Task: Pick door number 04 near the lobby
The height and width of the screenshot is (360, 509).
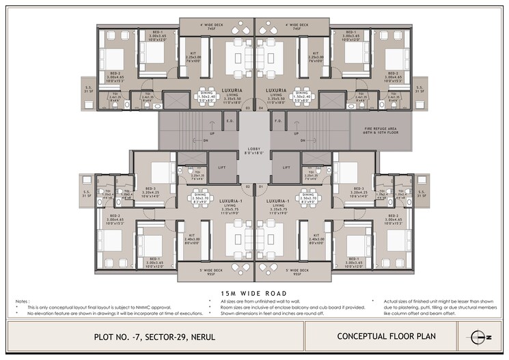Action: (261, 108)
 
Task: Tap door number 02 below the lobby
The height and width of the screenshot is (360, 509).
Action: (261, 185)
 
